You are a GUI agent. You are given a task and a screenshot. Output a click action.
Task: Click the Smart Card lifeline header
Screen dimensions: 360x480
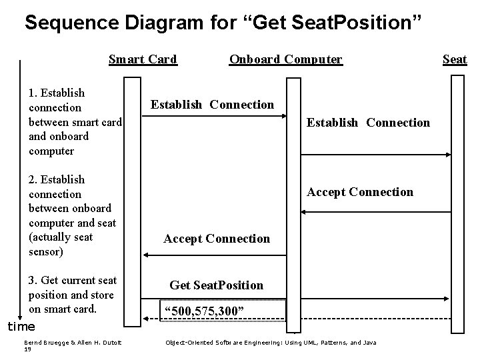143,59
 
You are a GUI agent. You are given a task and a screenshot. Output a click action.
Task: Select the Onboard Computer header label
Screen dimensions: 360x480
285,59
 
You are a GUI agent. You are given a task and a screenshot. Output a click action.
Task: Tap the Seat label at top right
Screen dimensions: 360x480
455,59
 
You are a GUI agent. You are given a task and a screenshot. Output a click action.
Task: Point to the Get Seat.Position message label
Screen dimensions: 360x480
216,285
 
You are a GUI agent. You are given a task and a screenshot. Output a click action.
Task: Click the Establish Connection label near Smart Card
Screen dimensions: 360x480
212,104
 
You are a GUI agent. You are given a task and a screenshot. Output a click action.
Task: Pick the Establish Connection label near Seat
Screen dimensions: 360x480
367,122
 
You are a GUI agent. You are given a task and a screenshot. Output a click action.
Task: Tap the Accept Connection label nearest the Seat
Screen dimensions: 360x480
359,192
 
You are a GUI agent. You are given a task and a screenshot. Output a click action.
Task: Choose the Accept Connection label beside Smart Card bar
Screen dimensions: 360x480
217,239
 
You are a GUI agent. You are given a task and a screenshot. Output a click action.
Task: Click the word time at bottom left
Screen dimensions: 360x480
21,327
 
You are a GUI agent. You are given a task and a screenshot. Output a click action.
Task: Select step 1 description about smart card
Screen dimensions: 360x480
75,121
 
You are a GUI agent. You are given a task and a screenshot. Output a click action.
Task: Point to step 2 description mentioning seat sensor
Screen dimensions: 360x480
72,215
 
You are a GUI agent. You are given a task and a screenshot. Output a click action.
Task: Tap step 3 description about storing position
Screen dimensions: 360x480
72,295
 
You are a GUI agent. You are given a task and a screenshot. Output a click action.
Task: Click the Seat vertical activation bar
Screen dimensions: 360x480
457,200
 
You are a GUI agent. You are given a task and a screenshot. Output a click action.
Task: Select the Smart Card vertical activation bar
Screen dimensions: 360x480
133,200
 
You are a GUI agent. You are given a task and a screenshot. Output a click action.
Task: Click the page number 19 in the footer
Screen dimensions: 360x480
27,349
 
